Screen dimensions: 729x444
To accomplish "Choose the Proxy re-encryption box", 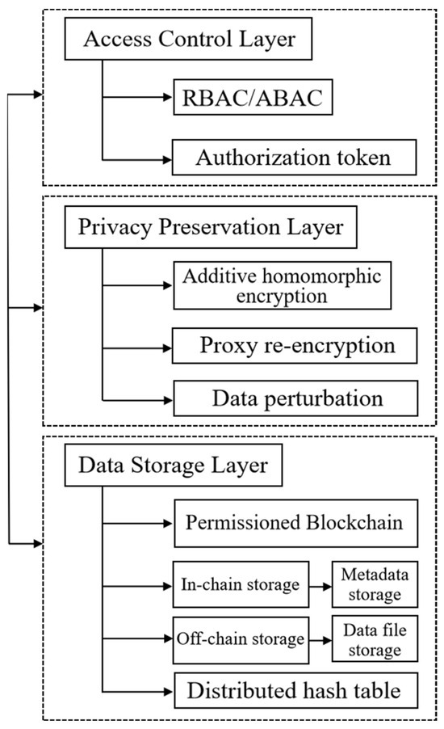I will point(295,346).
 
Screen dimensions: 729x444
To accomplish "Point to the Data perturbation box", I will point(295,398).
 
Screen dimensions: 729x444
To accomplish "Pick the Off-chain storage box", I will point(241,638).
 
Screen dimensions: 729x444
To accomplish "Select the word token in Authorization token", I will point(365,157).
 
